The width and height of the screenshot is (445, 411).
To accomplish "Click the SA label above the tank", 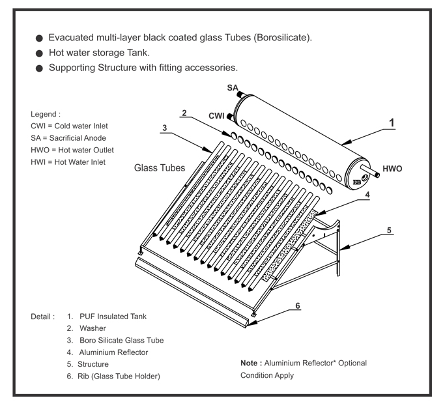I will (x=233, y=88).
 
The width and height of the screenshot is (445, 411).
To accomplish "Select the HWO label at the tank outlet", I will (x=392, y=168).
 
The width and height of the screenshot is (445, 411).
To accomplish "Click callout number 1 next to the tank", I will (x=392, y=122).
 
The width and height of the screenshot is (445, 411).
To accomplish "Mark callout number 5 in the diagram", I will (x=389, y=229).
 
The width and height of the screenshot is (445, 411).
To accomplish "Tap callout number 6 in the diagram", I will (x=297, y=305).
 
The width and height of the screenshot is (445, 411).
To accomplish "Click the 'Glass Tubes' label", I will (x=160, y=167).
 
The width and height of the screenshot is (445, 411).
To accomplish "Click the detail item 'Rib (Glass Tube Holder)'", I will (x=119, y=376).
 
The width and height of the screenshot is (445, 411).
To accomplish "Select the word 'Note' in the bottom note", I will (x=250, y=362).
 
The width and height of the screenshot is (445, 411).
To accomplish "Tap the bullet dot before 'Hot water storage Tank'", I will (x=40, y=53).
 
